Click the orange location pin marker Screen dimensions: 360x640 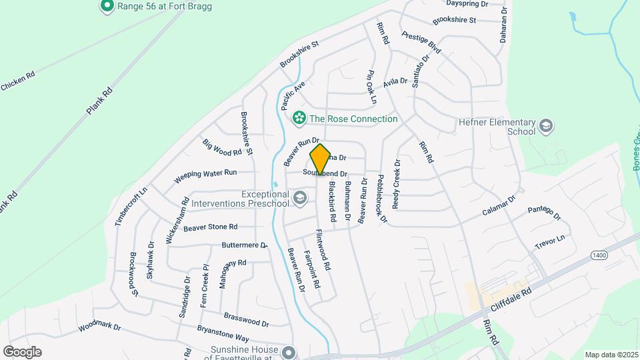point(321,159)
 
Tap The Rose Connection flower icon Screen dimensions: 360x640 point(299,119)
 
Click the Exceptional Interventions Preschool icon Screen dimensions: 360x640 point(300,198)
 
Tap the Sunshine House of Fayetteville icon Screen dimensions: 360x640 point(288,351)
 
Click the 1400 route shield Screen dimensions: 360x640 point(598,255)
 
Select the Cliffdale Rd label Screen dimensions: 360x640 point(510,301)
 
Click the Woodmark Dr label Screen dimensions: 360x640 point(99,327)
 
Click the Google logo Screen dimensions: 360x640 point(22,352)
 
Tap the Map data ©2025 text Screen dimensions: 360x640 point(611,355)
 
